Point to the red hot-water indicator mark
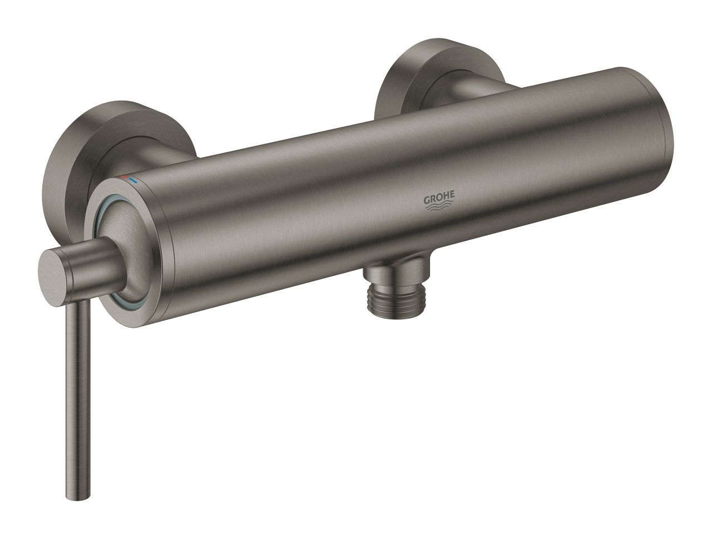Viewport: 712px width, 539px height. pos(124,177)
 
